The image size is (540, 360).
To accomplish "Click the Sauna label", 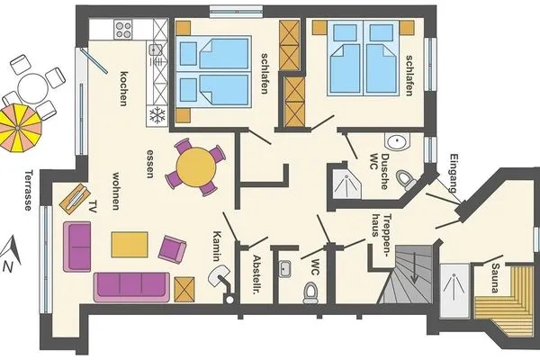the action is pos(495,278).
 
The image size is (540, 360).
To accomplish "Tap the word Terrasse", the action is pos(29,190).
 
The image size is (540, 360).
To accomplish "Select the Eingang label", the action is pos(454,174).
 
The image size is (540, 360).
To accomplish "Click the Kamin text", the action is pos(217,246).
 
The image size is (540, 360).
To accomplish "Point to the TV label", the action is pos(92,206).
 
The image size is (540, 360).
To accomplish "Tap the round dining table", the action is pos(196,167).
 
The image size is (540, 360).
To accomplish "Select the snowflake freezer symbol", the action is pos(157,115).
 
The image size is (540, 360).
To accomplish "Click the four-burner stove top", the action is pos(123,30).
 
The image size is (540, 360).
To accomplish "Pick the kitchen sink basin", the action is pos(156,50).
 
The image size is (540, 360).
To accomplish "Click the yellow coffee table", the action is pos(130,245).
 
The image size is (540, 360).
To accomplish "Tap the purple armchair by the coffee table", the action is pos(172,249).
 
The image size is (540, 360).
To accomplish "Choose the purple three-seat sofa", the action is pos(131,287).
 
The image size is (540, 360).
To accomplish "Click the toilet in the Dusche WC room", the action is pos(406,179).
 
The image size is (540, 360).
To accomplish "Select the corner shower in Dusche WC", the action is pos(346,184).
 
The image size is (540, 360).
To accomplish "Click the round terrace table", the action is pos(32,88).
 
